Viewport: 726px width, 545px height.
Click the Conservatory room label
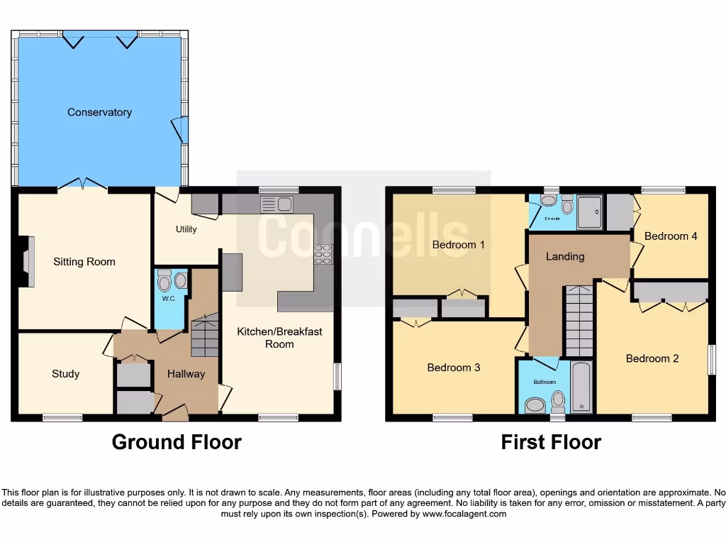(99, 112)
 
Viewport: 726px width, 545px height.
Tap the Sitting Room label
(84, 262)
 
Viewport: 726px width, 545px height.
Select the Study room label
(65, 374)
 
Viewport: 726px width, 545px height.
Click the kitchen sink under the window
(277, 204)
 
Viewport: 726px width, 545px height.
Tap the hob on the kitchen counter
(323, 254)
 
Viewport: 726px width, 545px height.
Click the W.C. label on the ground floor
(169, 299)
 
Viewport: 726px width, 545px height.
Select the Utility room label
(186, 229)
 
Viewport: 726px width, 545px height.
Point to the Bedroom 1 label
(459, 245)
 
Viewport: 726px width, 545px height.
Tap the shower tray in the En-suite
(590, 211)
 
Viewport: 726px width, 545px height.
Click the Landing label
(565, 256)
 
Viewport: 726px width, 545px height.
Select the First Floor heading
(551, 442)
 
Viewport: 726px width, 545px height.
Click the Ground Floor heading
(177, 442)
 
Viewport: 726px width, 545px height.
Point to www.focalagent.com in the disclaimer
(464, 514)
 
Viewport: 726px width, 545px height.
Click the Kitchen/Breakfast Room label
(279, 338)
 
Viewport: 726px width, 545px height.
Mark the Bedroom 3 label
(454, 368)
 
